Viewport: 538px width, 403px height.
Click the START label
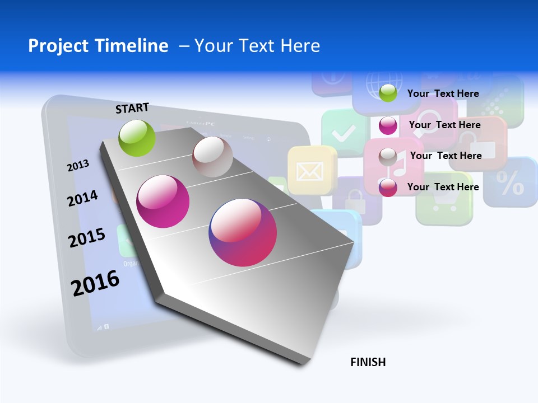point(132,108)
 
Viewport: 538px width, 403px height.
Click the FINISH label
point(368,362)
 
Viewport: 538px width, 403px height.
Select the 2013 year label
point(78,166)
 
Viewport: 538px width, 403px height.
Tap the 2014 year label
point(82,198)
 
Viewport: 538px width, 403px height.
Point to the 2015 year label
point(87,238)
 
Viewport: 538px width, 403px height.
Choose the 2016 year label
point(95,283)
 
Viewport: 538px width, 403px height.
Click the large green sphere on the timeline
point(137,138)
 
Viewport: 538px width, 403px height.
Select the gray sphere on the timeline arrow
point(212,157)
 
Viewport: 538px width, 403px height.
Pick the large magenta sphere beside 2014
point(163,201)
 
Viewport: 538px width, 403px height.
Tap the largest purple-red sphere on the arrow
point(243,232)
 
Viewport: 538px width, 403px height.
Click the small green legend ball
point(388,93)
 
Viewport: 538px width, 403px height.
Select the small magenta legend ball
point(388,125)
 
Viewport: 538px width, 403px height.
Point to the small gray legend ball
point(388,157)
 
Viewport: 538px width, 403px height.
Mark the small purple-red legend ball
point(388,188)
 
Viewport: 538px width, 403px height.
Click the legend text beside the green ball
point(443,93)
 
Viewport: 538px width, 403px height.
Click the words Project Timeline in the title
point(98,46)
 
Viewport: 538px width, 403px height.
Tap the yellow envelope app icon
point(308,171)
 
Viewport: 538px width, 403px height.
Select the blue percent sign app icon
point(511,182)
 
